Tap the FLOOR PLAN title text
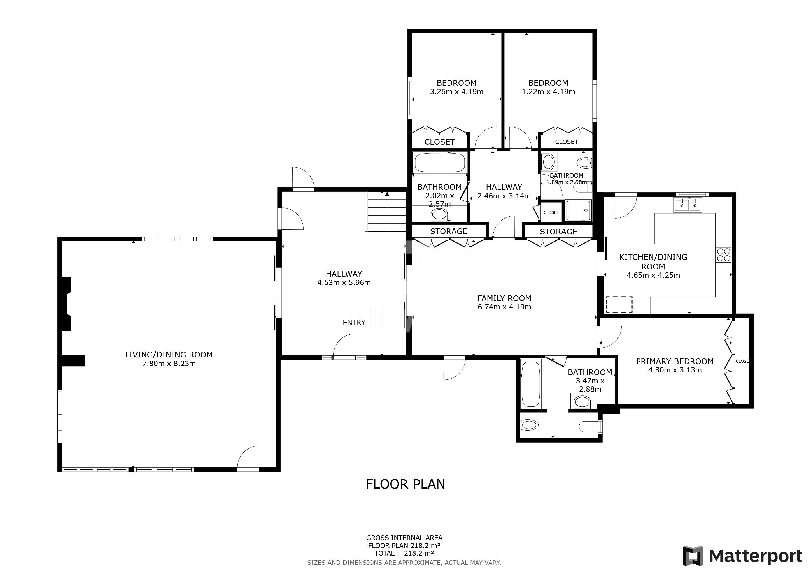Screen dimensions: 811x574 point(405,484)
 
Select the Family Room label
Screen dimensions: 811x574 point(504,298)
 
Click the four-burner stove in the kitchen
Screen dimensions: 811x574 point(723,254)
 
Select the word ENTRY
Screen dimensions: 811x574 point(354,322)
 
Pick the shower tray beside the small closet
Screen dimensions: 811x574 point(578,211)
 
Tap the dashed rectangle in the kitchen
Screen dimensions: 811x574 point(619,304)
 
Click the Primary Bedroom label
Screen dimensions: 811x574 point(675,361)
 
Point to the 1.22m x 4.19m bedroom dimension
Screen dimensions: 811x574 point(548,92)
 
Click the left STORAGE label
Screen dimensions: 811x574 point(449,231)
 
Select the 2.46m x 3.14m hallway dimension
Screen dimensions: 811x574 point(504,196)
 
